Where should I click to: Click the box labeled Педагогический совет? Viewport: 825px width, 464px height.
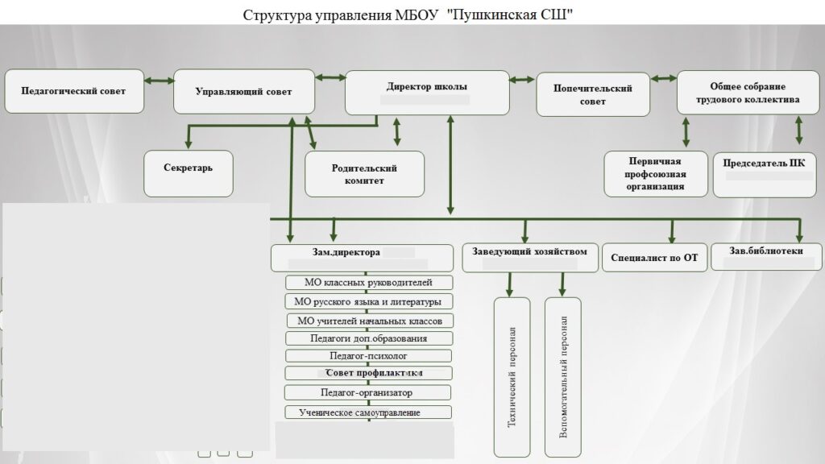(x=74, y=91)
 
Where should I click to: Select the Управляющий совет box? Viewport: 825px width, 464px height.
(x=243, y=91)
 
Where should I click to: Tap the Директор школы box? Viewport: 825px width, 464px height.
(x=427, y=92)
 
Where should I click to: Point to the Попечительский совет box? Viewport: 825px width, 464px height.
(x=594, y=95)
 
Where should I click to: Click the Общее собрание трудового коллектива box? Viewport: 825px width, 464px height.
(x=748, y=93)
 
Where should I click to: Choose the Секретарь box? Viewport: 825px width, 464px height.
(x=189, y=173)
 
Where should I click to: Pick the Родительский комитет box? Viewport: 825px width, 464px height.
(x=364, y=174)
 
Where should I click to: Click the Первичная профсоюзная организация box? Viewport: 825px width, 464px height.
(x=656, y=174)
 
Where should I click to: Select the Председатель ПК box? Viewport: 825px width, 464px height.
(x=764, y=174)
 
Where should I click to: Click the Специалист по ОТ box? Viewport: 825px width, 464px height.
(x=654, y=258)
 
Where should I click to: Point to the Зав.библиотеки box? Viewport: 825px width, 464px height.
(x=766, y=255)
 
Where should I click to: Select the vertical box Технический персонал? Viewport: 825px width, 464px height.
(x=512, y=377)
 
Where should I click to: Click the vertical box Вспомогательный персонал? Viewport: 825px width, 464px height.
(x=562, y=377)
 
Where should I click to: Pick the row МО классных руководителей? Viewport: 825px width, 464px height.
(x=369, y=283)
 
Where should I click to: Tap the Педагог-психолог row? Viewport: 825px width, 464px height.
(x=369, y=355)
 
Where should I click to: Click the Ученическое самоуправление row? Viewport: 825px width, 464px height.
(x=369, y=412)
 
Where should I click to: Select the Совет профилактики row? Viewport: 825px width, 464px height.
(x=369, y=374)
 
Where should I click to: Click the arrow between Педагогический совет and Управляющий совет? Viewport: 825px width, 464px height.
(x=160, y=81)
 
